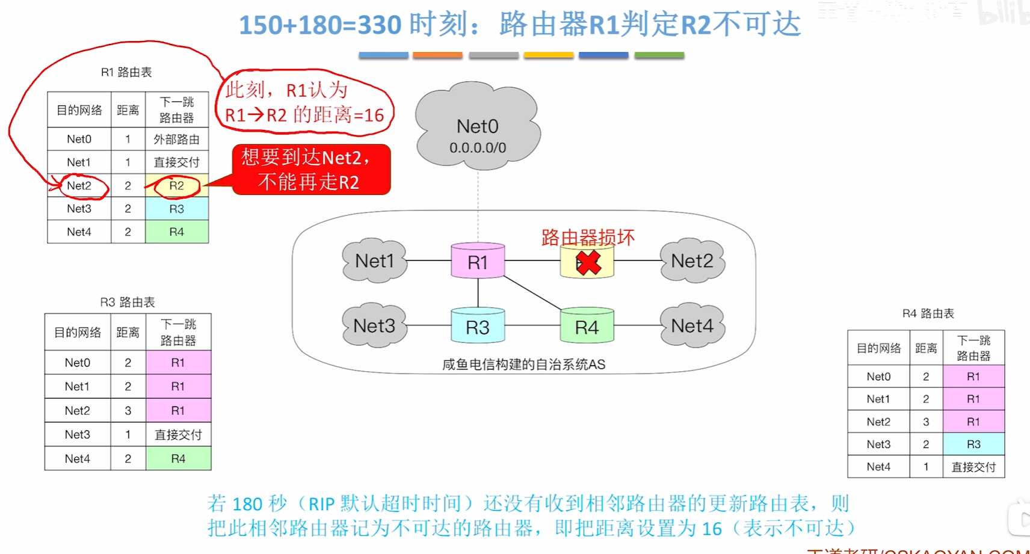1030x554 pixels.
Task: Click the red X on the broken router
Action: [x=588, y=262]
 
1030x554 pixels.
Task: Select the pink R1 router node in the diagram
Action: [x=478, y=262]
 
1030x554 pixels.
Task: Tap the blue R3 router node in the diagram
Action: [x=478, y=327]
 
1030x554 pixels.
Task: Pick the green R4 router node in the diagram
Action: [x=587, y=327]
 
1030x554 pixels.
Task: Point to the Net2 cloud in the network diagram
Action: [x=692, y=261]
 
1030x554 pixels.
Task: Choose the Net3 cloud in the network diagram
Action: [x=374, y=325]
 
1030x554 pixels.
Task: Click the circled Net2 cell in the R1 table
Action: [x=79, y=186]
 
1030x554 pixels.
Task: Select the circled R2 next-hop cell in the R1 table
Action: [x=176, y=186]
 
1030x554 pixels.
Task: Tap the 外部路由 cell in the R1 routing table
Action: [x=176, y=140]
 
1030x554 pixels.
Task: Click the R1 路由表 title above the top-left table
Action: [x=126, y=72]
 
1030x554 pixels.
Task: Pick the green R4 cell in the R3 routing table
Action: [x=178, y=458]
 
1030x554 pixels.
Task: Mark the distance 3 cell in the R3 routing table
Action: [x=128, y=410]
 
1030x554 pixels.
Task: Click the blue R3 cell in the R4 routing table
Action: [x=973, y=444]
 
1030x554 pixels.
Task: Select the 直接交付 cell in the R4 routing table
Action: [x=973, y=467]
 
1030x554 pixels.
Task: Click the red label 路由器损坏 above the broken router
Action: [x=588, y=237]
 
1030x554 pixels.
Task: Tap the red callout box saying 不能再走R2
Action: [x=311, y=170]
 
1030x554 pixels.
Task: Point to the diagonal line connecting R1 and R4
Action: [x=533, y=293]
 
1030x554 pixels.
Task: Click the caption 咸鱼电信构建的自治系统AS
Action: [x=523, y=365]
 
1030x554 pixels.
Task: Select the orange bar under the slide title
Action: [x=437, y=55]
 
